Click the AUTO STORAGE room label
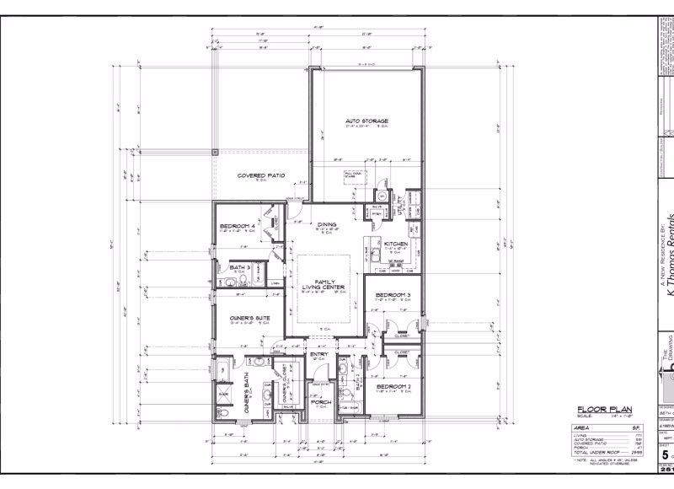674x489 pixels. point(366,121)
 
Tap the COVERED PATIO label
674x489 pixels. point(260,176)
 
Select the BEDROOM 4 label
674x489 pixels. point(238,226)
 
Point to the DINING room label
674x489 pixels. point(327,224)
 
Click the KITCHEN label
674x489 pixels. point(396,244)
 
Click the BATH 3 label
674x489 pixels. point(239,267)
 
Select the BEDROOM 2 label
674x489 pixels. point(393,387)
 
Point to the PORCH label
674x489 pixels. point(320,401)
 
